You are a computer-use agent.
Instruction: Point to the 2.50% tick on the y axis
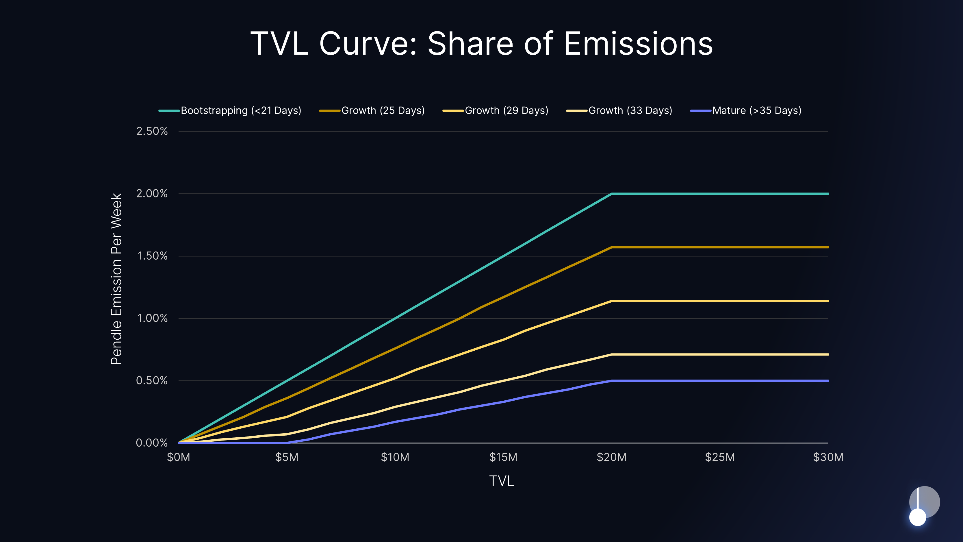coord(152,131)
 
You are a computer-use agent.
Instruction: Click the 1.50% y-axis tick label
coord(152,256)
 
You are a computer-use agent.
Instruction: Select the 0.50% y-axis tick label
coord(152,380)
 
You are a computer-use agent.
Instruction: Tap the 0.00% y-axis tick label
coord(152,443)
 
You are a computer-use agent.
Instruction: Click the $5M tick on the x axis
coord(287,457)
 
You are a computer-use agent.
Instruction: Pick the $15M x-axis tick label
coord(503,457)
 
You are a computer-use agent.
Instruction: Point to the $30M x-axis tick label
coord(828,457)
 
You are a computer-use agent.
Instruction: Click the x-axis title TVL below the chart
coord(502,481)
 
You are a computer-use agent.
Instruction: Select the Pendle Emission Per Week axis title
coord(116,279)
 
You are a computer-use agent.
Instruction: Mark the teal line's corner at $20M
coord(612,194)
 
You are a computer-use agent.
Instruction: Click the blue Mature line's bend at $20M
coord(612,381)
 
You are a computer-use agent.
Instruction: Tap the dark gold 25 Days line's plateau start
coord(612,247)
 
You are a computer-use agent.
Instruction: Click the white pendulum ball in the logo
coord(917,517)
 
